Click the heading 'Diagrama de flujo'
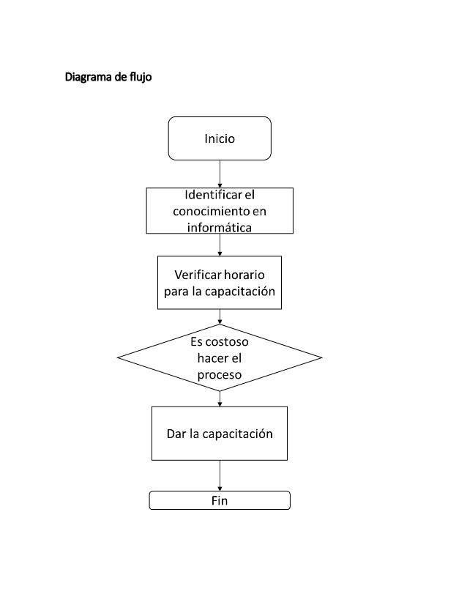pos(108,77)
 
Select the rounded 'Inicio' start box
pos(220,138)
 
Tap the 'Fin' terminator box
pos(220,501)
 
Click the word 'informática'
pos(220,227)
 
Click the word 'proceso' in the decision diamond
pos(220,374)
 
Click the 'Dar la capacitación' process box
pos(220,434)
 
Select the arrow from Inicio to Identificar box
pos(220,174)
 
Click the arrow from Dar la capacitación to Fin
pos(220,476)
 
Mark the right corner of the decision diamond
pos(320,358)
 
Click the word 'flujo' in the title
pos(138,77)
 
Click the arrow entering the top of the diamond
pos(220,316)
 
